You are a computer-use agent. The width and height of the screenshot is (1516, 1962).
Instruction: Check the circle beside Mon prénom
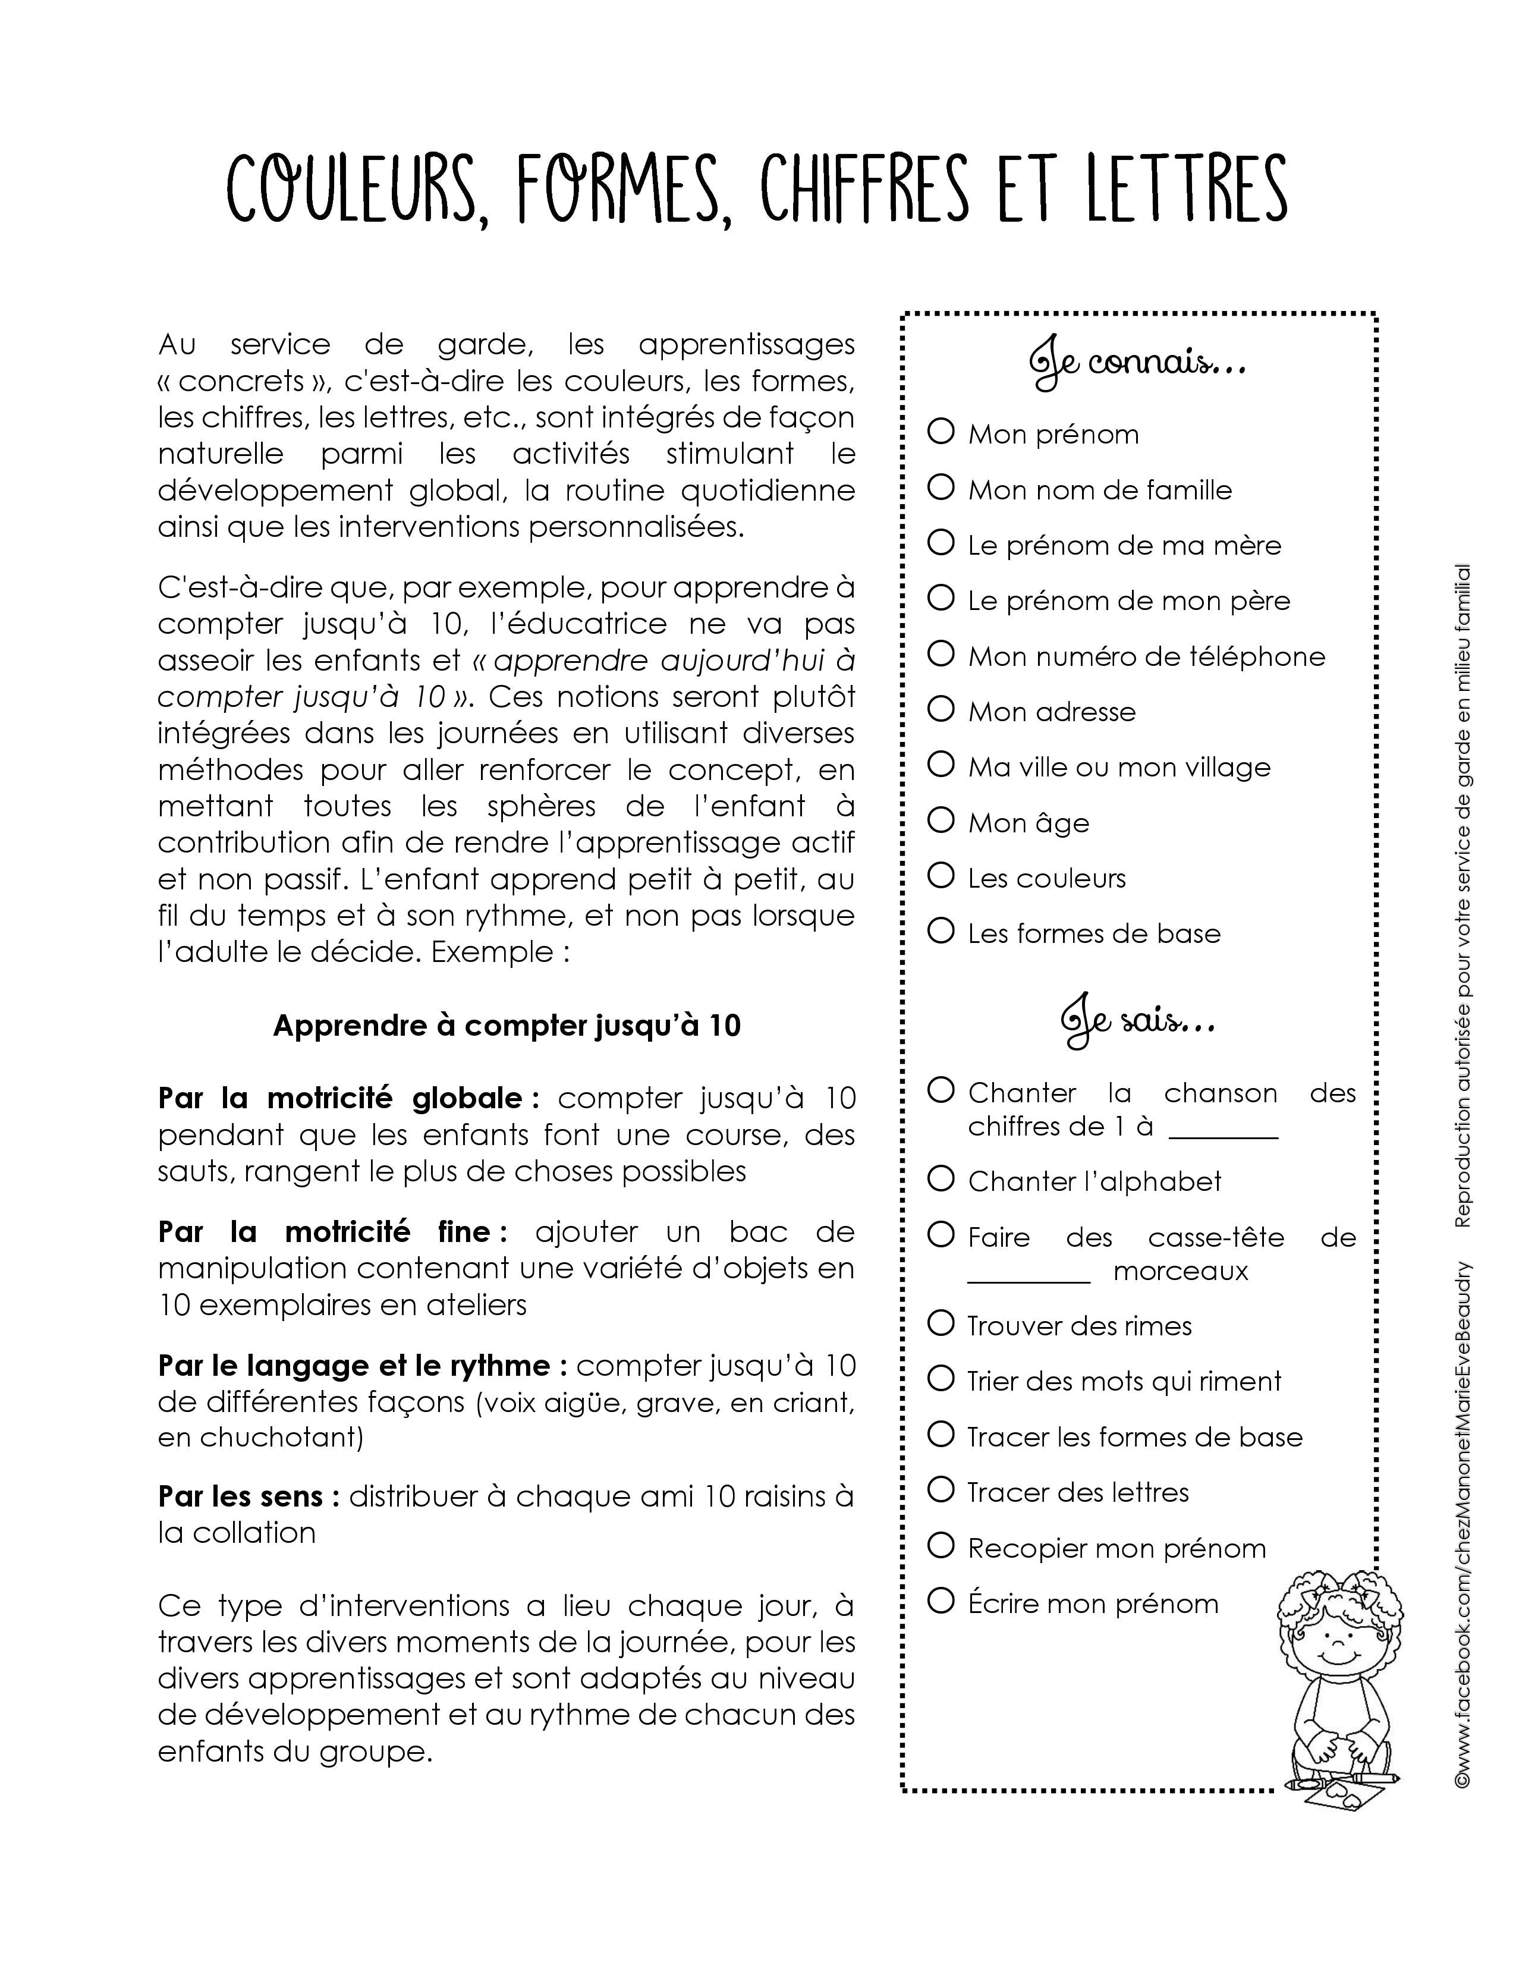click(x=941, y=432)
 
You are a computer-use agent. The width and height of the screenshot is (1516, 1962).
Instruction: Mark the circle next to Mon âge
click(x=941, y=820)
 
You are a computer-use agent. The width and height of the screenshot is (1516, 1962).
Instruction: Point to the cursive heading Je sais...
click(x=1137, y=1023)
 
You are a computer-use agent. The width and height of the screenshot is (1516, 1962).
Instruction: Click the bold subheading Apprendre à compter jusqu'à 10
click(x=507, y=1026)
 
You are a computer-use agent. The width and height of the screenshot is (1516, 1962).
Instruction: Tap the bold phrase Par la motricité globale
click(x=348, y=1099)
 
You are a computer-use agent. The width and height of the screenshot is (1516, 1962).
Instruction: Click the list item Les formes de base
click(x=1094, y=933)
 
